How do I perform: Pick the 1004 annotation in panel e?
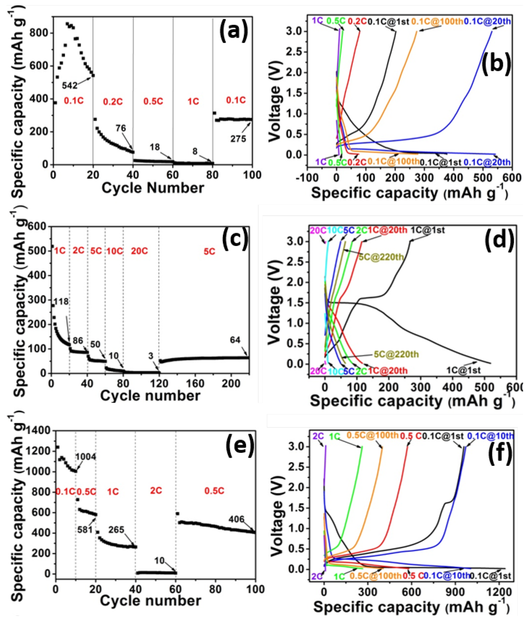click(x=86, y=457)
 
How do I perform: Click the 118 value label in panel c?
click(x=61, y=301)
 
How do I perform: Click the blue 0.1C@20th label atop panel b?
click(x=487, y=21)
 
